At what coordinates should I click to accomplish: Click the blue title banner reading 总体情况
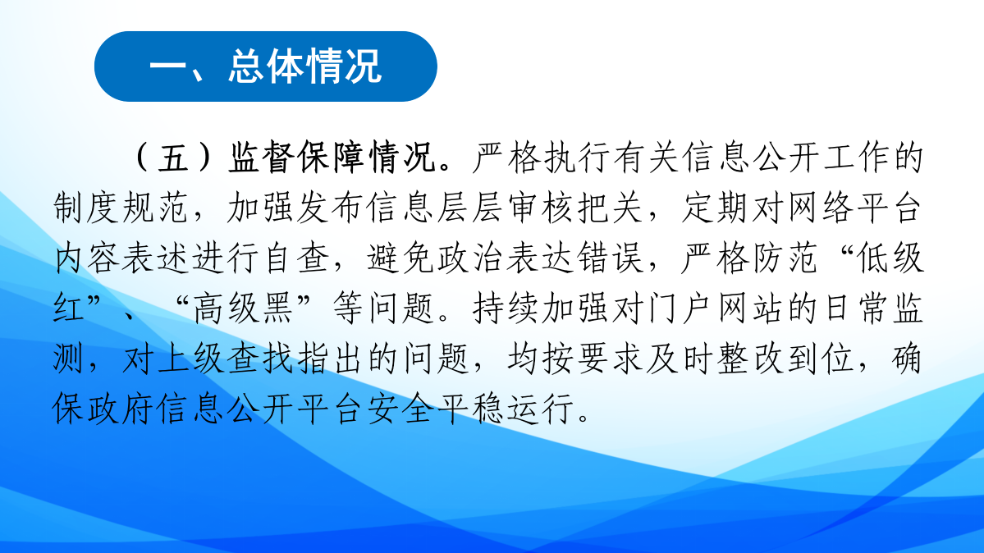[265, 67]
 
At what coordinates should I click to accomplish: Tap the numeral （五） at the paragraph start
[173, 158]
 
